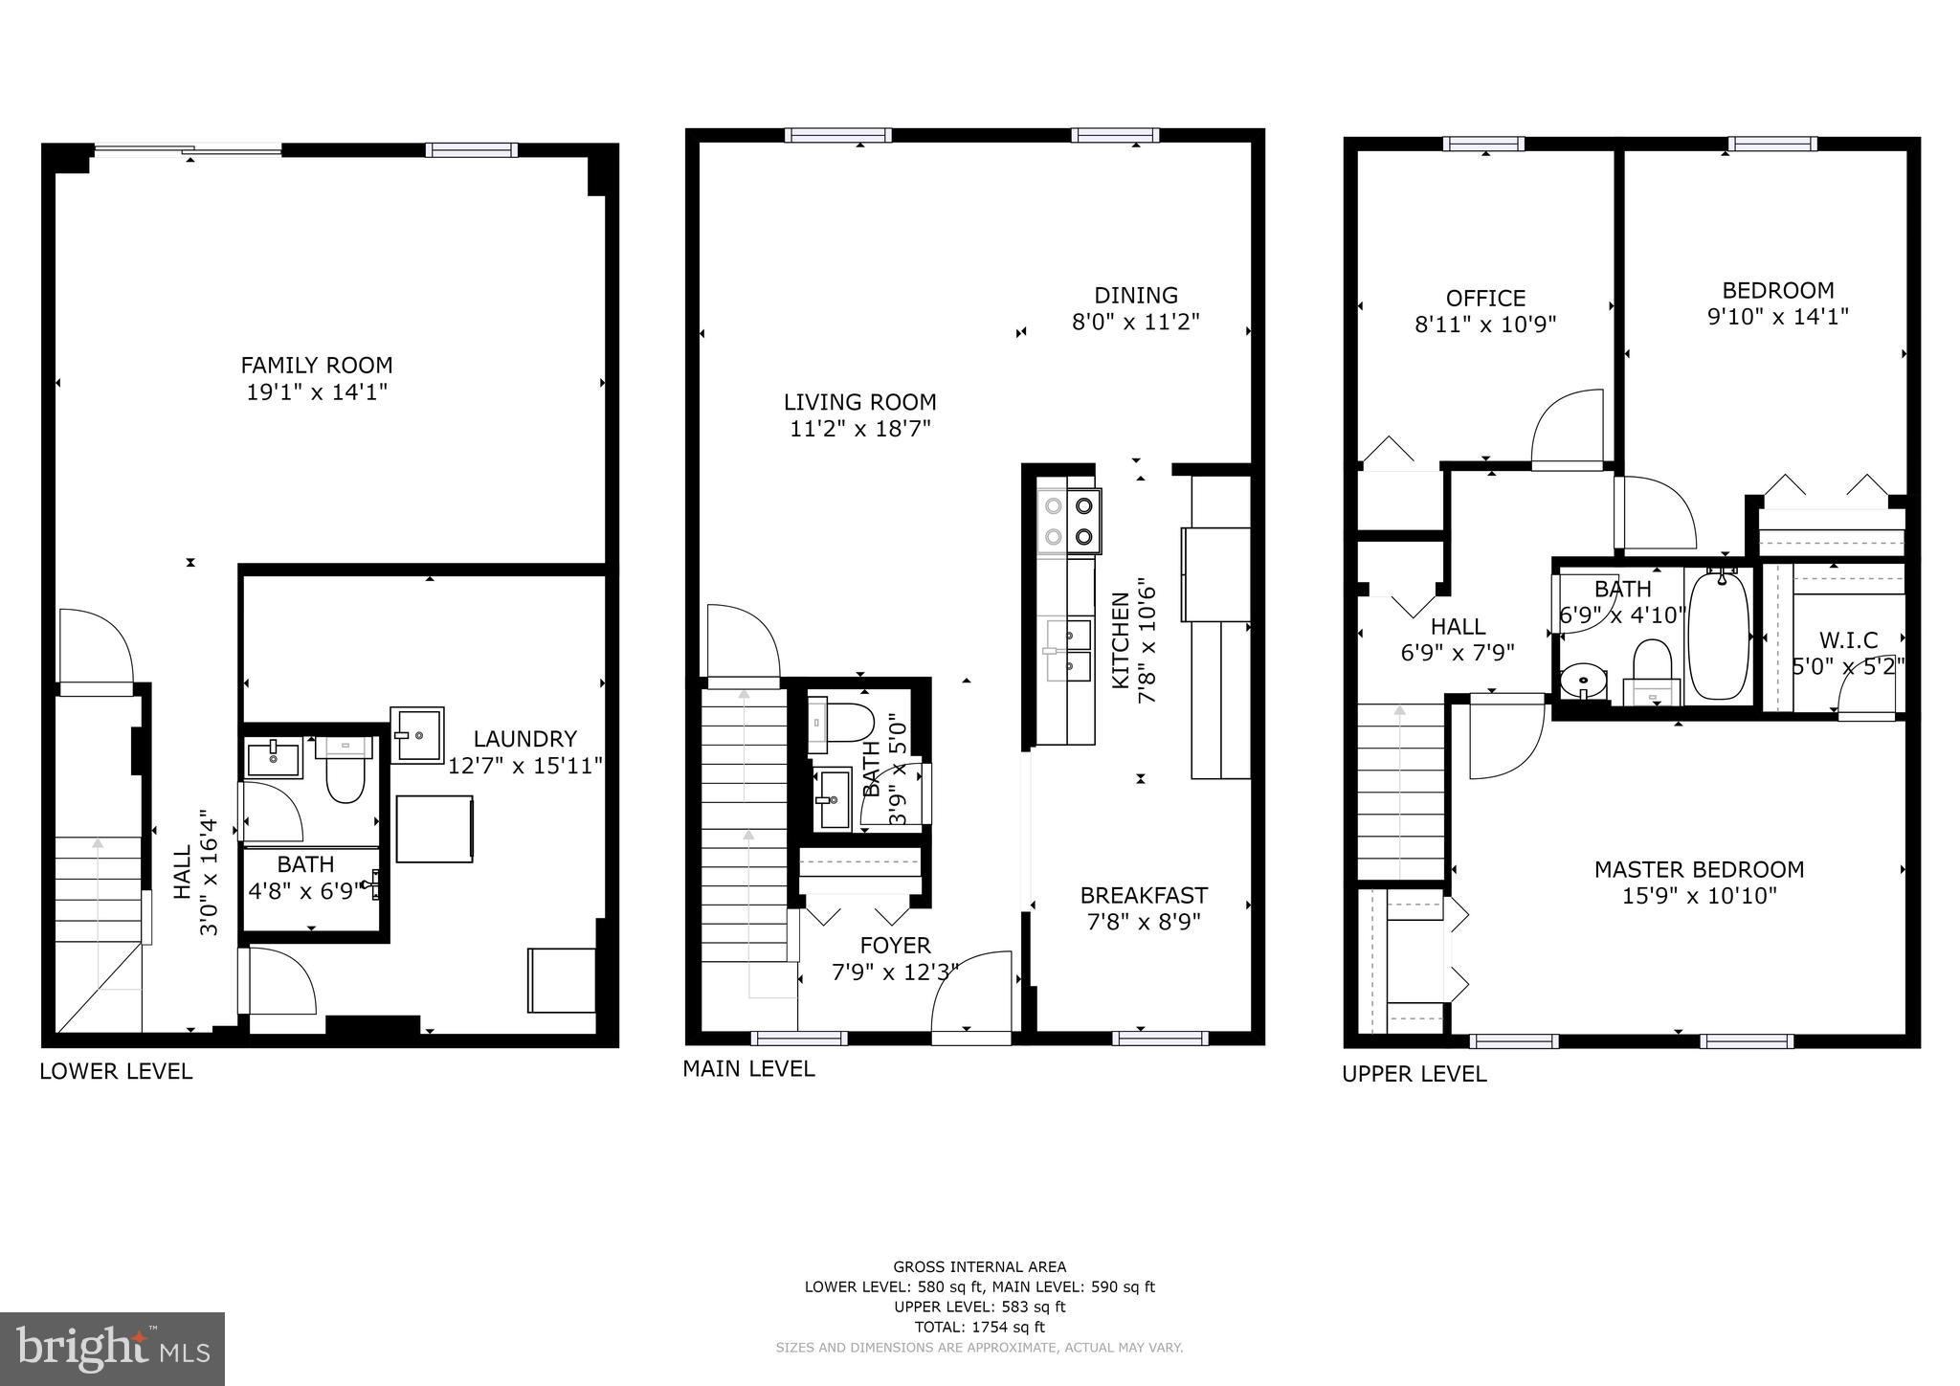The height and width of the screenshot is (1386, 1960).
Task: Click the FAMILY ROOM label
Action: pos(316,365)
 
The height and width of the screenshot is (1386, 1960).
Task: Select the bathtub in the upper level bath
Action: pos(1719,636)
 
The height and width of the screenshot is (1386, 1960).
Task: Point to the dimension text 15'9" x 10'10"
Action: pos(1699,896)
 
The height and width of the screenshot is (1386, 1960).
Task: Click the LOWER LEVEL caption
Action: pos(116,1071)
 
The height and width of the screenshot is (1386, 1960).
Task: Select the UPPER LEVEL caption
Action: pos(1414,1074)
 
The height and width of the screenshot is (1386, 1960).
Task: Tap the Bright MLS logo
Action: pos(112,1349)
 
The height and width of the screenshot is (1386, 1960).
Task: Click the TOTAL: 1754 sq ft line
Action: pos(979,1327)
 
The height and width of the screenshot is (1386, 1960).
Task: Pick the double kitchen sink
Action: pos(1068,650)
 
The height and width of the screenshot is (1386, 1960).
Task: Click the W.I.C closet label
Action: pos(1848,639)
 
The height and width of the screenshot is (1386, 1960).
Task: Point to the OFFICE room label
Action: pos(1485,298)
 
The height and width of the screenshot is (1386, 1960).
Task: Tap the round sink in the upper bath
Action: pos(1584,682)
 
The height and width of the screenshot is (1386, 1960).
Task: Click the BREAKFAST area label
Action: pos(1144,895)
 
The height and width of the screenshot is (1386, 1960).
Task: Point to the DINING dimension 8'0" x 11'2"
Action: pos(1135,322)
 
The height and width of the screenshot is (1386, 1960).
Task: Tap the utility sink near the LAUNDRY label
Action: pos(416,734)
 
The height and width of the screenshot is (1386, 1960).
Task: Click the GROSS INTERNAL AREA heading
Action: pos(979,1266)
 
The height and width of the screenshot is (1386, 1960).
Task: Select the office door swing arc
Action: pos(1568,429)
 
